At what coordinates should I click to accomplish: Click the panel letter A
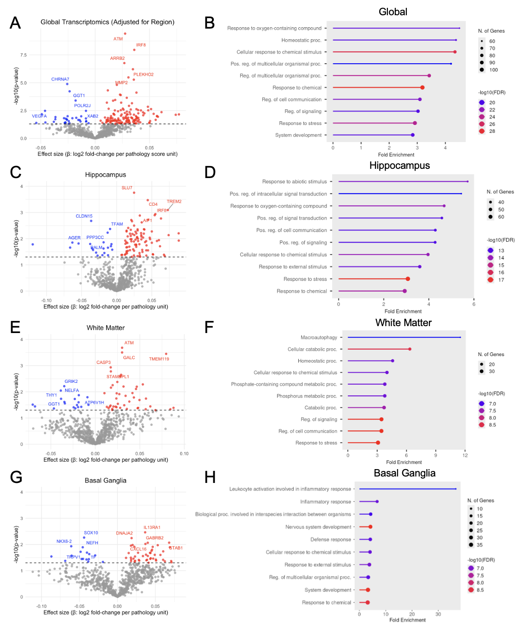[15, 23]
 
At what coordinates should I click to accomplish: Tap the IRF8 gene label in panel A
[141, 45]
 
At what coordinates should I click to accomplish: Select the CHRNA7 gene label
[60, 79]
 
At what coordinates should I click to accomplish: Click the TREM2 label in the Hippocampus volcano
[174, 202]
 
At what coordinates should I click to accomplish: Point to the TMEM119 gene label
[159, 359]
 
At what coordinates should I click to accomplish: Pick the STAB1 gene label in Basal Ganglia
[176, 548]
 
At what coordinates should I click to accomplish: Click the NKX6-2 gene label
[64, 541]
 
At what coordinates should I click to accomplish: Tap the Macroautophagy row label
[319, 337]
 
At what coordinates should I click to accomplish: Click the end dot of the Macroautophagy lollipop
[460, 337]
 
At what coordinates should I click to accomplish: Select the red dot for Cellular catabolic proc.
[410, 349]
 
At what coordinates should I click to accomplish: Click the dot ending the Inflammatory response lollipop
[377, 501]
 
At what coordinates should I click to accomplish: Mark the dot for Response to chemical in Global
[423, 87]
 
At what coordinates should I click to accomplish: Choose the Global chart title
[393, 12]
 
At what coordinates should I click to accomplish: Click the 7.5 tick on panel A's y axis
[24, 55]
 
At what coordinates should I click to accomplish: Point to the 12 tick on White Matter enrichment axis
[465, 455]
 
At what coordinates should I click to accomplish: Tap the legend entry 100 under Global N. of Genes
[493, 70]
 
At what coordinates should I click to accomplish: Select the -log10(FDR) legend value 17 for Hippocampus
[501, 280]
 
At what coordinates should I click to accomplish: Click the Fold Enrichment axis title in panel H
[407, 619]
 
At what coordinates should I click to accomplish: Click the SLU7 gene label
[127, 188]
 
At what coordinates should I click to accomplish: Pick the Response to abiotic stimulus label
[295, 181]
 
